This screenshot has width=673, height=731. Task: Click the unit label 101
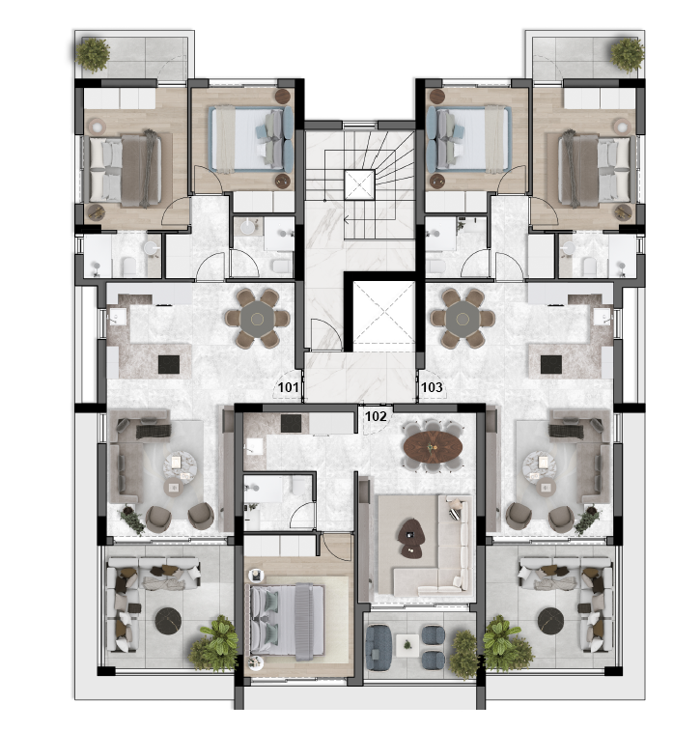click(288, 387)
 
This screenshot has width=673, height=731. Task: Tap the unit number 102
click(376, 416)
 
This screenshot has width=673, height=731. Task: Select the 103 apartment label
click(432, 387)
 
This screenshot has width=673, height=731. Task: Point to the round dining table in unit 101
click(257, 319)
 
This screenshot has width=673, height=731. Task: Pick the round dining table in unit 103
click(463, 319)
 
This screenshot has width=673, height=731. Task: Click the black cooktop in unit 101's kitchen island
click(168, 364)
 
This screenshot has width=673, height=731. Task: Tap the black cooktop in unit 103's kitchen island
click(551, 364)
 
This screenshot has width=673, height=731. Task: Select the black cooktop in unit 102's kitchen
click(292, 423)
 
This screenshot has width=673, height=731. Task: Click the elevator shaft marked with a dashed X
click(383, 316)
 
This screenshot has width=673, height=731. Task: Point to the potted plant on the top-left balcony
click(94, 54)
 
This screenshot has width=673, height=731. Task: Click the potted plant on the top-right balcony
click(628, 54)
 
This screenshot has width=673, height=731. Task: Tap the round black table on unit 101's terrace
click(168, 621)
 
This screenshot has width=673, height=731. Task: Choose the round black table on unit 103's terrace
click(551, 621)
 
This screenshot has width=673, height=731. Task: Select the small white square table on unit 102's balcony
click(407, 645)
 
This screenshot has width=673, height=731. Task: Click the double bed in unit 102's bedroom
click(287, 622)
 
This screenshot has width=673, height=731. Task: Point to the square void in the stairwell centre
click(359, 184)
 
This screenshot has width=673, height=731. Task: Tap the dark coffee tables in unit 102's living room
click(411, 538)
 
